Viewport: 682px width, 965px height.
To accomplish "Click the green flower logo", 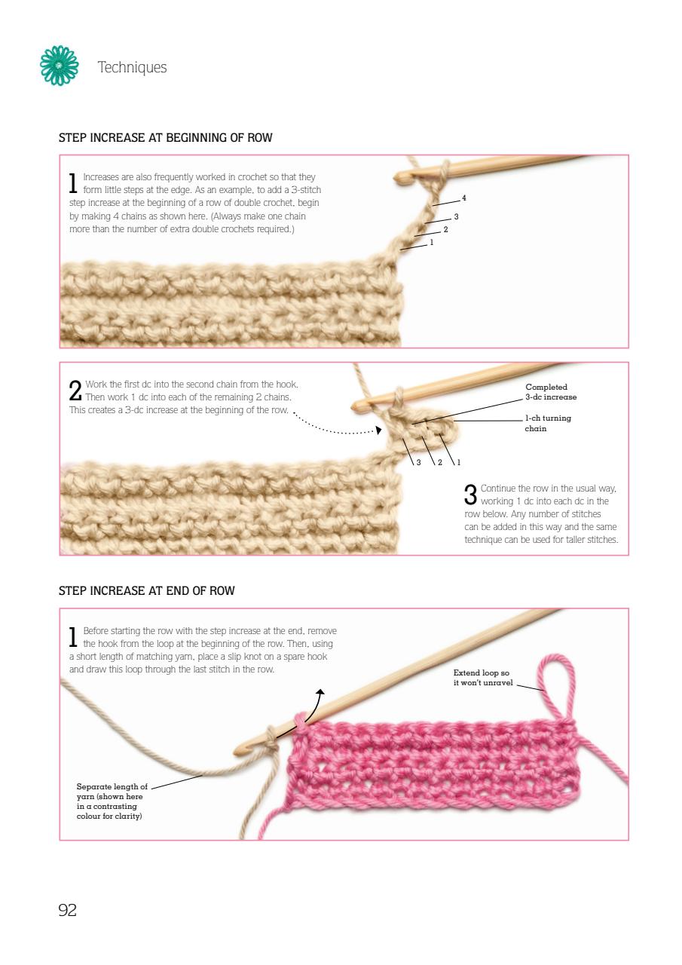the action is (x=59, y=66).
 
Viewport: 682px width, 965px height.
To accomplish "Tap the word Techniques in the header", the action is (x=132, y=67).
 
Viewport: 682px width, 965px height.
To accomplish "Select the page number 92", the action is (x=68, y=910).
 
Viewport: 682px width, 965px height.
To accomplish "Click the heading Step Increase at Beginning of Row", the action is (x=165, y=137).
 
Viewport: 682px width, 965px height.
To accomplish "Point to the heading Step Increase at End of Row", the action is (x=146, y=590).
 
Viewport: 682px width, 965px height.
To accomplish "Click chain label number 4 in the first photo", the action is (x=463, y=198).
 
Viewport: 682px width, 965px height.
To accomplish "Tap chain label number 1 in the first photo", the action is (x=431, y=243).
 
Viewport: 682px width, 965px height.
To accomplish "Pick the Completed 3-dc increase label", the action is (x=551, y=391).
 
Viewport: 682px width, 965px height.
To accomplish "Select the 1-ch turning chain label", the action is (x=548, y=423).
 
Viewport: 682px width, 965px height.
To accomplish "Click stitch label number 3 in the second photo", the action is (x=418, y=462).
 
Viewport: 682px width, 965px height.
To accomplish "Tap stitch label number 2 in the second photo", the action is (x=439, y=462).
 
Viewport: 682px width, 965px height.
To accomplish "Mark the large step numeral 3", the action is (x=470, y=494).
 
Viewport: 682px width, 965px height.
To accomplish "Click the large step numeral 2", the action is (x=75, y=391).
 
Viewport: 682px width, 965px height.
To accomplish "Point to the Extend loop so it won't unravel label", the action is (x=483, y=677).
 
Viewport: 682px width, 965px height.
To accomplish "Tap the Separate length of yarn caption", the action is (x=112, y=801).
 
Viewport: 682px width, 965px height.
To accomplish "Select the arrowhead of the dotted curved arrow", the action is (x=378, y=430).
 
